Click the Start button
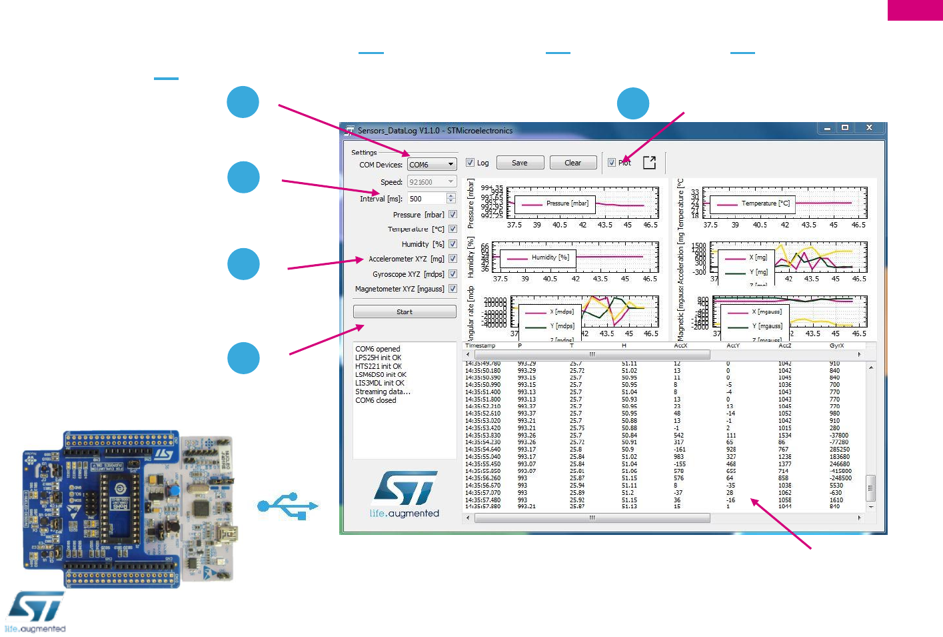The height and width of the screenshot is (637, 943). pos(405,311)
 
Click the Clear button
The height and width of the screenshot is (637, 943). pos(572,163)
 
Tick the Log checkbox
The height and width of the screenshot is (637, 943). pos(470,163)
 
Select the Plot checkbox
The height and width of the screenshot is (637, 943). pos(612,163)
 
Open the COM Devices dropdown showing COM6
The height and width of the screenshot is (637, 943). pos(432,165)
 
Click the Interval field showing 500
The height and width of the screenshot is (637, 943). pos(427,199)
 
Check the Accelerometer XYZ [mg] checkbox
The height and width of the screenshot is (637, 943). pos(453,259)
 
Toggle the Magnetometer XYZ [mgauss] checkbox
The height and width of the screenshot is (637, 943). pos(453,289)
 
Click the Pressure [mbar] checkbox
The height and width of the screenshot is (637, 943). pos(453,215)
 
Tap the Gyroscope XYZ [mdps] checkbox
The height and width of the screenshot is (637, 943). pos(453,274)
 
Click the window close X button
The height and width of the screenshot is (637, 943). pos(869,127)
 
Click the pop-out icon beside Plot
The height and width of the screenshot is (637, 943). pos(650,163)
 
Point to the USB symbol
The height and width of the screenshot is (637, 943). pos(289,506)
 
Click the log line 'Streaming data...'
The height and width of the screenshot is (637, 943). pos(383,392)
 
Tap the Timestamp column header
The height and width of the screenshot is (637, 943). pos(480,346)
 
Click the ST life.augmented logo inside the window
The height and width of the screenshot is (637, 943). pos(405,494)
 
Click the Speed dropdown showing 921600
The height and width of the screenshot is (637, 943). pos(432,182)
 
